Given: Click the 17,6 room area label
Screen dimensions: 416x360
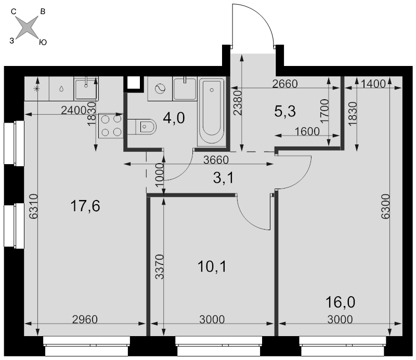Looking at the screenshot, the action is pos(85,206).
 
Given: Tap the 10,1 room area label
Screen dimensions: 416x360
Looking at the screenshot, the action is pos(212,266).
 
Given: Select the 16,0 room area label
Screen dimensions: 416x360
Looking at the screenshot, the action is pos(340,302).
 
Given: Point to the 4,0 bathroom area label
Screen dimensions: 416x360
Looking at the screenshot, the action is pos(174,118).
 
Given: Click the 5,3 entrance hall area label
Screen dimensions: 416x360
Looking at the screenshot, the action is pos(285,111).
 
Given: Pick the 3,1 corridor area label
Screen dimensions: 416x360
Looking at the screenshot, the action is pos(224,178).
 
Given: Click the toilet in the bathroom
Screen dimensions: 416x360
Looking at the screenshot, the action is pos(142,126).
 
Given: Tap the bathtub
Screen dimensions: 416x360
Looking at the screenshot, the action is pos(212,111).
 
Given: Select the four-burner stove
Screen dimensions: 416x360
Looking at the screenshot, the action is pos(111,126).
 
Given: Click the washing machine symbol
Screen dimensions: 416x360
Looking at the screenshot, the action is pos(160,88).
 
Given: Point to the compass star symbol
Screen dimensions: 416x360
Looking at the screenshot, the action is pos(27,28).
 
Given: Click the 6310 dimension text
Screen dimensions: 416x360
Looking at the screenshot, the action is pos(34,207).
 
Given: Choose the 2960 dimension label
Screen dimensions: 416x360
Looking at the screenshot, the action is pos(85,319).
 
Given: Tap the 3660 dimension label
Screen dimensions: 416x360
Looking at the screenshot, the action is pos(216,160).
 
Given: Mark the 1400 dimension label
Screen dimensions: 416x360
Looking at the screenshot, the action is pos(373,84).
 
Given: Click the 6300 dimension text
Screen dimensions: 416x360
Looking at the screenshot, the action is pos(385,207).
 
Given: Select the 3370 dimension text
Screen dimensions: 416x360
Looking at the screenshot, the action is pos(160,266).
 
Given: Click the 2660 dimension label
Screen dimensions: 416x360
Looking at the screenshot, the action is pos(285,84).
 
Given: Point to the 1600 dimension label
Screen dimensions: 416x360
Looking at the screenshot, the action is pos(307,131).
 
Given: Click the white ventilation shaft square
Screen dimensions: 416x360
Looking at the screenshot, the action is pos(134,83).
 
